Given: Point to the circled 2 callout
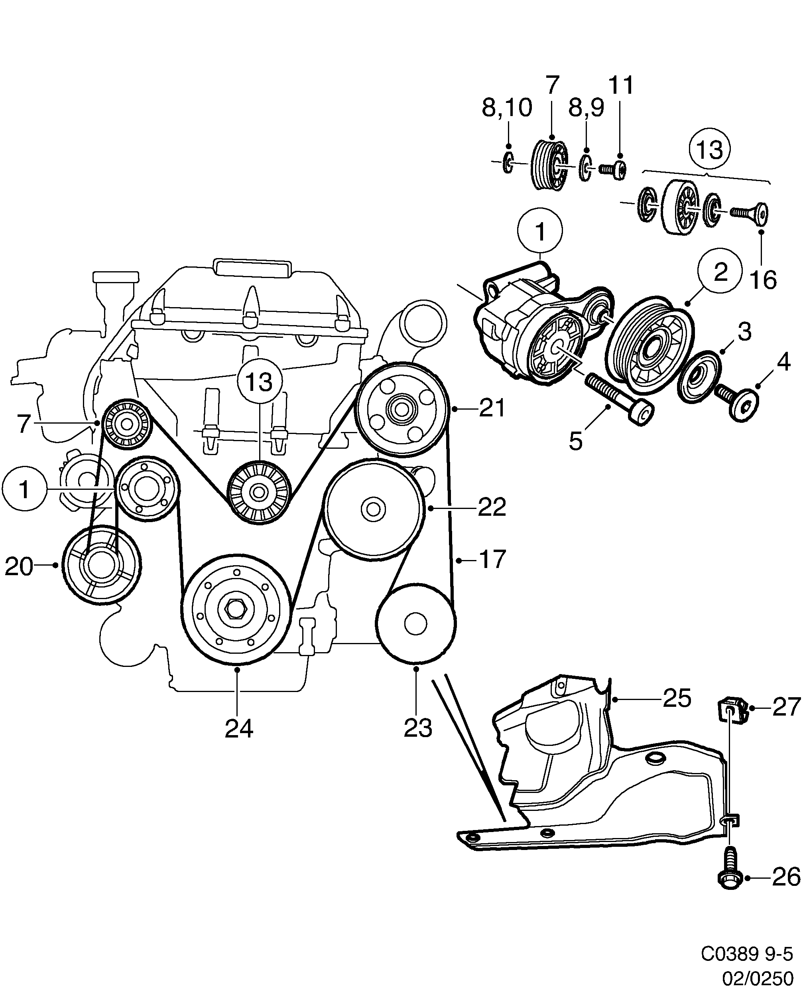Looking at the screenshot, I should (720, 272).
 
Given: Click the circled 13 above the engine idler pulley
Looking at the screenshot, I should (260, 382).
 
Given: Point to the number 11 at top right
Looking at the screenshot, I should (621, 86).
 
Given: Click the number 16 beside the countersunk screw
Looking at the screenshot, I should (763, 280).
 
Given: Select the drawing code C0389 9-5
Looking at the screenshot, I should (746, 954).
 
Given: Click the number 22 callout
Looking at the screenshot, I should (492, 508).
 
